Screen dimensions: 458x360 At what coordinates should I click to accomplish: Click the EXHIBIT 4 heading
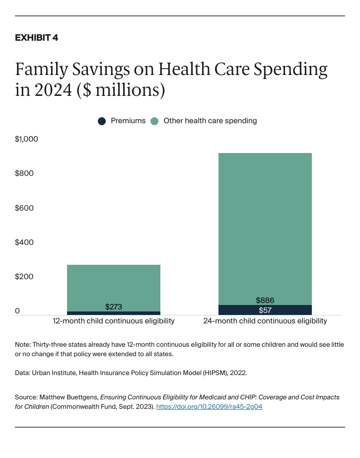pyautogui.click(x=37, y=38)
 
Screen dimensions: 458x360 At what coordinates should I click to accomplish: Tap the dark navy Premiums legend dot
pyautogui.click(x=102, y=121)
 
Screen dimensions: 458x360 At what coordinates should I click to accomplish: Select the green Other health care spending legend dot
pyautogui.click(x=154, y=121)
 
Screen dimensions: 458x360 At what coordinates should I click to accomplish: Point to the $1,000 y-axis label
pyautogui.click(x=26, y=139)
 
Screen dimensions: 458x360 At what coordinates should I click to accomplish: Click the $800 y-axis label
pyautogui.click(x=24, y=173)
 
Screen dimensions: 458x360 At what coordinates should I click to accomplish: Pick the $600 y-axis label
pyautogui.click(x=24, y=208)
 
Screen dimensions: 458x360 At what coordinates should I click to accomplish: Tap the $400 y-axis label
pyautogui.click(x=24, y=242)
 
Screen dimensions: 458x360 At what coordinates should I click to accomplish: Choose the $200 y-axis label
pyautogui.click(x=24, y=277)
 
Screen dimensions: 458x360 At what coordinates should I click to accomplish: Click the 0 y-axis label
pyautogui.click(x=17, y=311)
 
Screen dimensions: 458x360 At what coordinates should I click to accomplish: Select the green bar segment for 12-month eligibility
pyautogui.click(x=114, y=283)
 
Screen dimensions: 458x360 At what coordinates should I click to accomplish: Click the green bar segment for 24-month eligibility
pyautogui.click(x=265, y=229)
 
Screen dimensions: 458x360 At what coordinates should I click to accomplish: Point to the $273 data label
pyautogui.click(x=114, y=307)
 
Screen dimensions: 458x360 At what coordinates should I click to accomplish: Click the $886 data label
pyautogui.click(x=265, y=301)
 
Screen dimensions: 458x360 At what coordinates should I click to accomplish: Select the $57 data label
pyautogui.click(x=265, y=310)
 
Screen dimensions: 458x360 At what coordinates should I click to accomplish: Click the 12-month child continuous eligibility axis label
pyautogui.click(x=114, y=321)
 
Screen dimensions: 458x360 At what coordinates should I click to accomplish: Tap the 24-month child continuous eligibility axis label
pyautogui.click(x=265, y=321)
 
